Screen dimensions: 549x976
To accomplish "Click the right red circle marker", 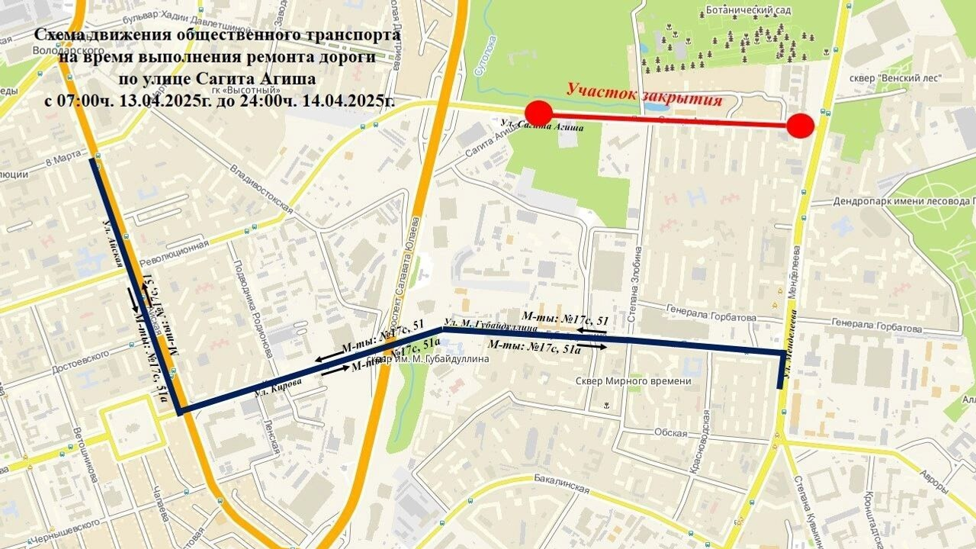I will (x=800, y=126).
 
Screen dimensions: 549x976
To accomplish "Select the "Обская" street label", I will (x=670, y=432).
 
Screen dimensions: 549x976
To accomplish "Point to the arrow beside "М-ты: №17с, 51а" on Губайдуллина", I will (x=597, y=347).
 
